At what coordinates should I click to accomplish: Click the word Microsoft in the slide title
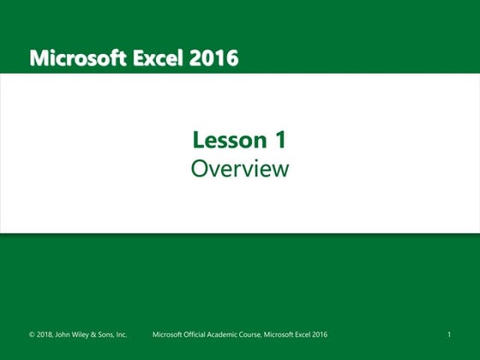77,58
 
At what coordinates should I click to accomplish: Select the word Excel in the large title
159,58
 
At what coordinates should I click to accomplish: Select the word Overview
240,169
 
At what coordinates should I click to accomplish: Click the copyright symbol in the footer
33,334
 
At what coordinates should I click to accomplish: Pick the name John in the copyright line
69,334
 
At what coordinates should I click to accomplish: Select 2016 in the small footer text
320,334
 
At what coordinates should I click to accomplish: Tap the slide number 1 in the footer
449,334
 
